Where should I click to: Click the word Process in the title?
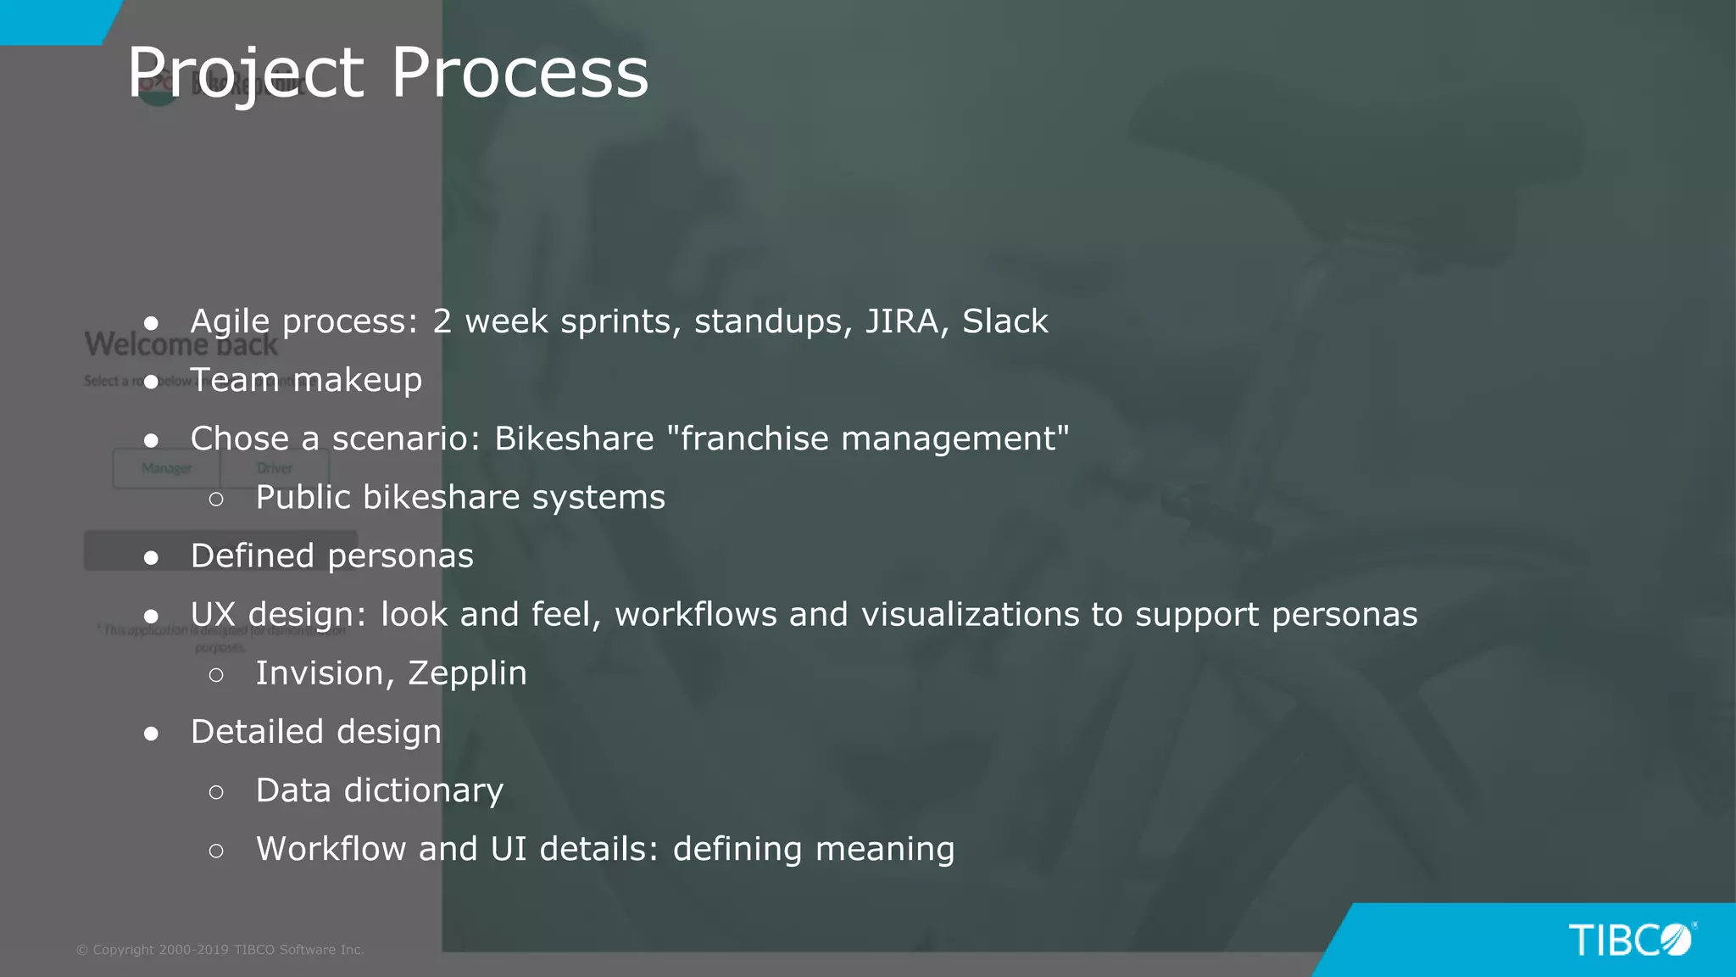[519, 73]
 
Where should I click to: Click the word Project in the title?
[246, 73]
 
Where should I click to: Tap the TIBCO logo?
[1631, 940]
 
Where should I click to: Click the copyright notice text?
[220, 950]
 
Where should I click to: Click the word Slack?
[1004, 321]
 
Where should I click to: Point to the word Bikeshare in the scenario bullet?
[574, 438]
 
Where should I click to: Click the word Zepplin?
[467, 673]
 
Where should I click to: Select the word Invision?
[324, 673]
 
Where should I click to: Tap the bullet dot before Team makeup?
[152, 382]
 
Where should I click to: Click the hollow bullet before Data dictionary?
[216, 792]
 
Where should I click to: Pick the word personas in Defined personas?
[400, 556]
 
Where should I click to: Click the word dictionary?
[423, 790]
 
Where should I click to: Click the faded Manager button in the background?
[166, 468]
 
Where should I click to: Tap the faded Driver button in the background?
[274, 468]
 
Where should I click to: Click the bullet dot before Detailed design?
[152, 734]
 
